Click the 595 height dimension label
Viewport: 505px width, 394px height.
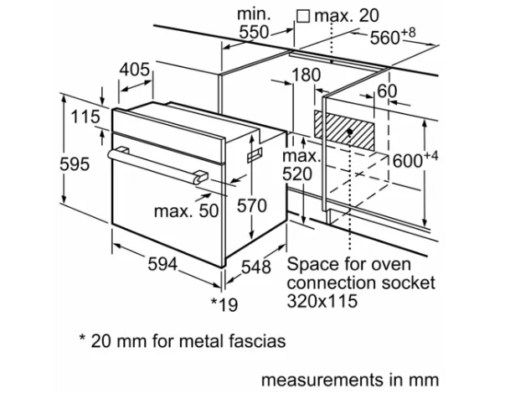pos(75,164)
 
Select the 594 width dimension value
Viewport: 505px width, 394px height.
pos(162,264)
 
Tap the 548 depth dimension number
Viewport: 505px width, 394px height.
pos(256,267)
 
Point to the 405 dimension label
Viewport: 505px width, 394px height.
pos(135,70)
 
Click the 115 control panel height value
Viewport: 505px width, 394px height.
pos(85,117)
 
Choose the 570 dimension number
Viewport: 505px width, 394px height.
pos(252,205)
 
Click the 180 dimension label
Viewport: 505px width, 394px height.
pos(306,75)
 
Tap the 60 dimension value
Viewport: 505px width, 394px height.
pos(387,91)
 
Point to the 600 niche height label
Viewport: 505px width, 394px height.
pos(415,159)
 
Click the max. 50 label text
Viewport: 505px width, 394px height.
pos(187,211)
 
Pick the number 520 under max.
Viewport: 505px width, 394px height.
pos(297,174)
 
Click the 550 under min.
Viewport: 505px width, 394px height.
pos(254,32)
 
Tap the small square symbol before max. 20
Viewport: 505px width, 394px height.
pos(303,17)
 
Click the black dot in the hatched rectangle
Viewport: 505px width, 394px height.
pos(350,132)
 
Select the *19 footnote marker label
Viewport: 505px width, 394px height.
pos(224,304)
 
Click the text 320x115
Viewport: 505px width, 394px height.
pos(322,301)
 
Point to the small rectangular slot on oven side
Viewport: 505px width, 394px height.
pos(255,155)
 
